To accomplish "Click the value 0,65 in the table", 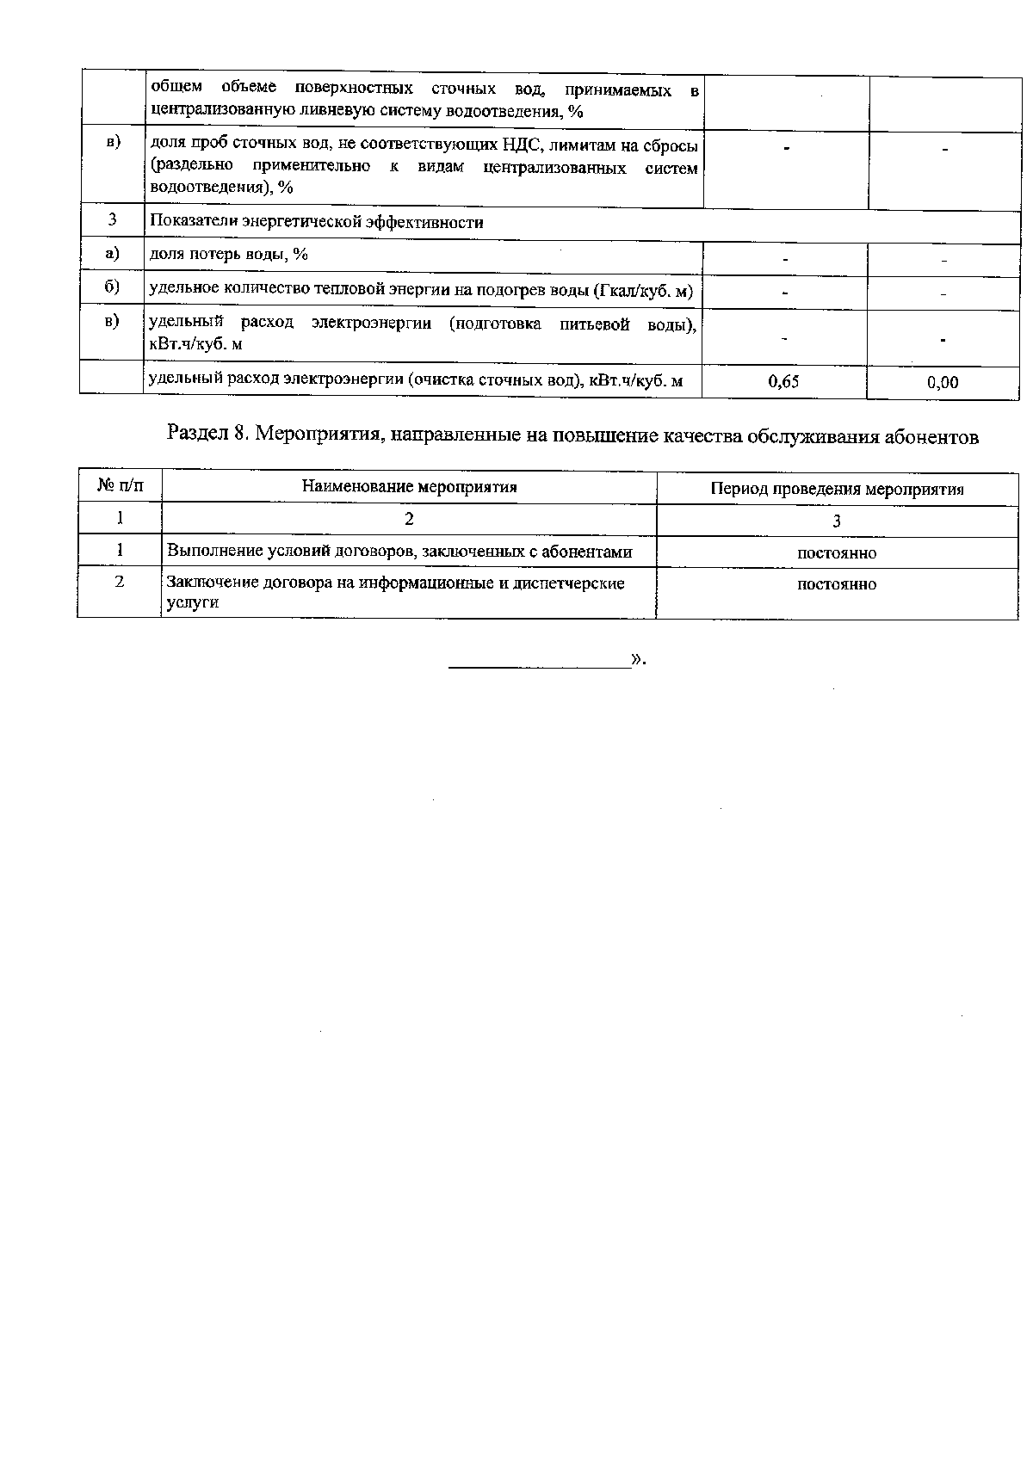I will pos(783,381).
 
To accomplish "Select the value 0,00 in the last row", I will pos(943,382).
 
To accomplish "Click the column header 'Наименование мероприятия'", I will pos(409,487).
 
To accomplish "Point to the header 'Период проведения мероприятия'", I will pos(837,490).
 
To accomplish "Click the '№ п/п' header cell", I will pos(120,487).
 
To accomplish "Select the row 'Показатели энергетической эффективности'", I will pos(317,222).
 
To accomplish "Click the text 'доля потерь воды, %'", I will pos(229,254).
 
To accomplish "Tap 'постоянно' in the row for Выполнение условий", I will pos(837,553).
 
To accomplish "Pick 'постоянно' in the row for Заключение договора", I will pos(837,584).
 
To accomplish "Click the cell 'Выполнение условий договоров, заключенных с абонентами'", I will pos(399,552).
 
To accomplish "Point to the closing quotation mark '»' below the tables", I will pos(637,660).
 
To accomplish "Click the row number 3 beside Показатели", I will pos(112,220).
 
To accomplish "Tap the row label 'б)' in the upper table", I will pos(112,287).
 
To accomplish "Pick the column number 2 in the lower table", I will pos(409,519).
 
